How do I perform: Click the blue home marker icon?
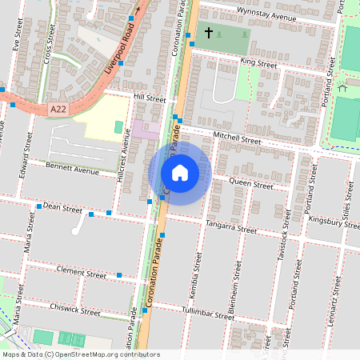[180, 173]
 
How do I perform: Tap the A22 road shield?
[57, 109]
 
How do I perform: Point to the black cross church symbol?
[209, 33]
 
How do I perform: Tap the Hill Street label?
[150, 98]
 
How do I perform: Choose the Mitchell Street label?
[237, 138]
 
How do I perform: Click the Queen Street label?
[251, 184]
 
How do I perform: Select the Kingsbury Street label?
[336, 222]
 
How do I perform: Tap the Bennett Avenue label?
[72, 170]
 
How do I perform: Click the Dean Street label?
[62, 208]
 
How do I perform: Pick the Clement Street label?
[82, 274]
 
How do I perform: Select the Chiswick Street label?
[74, 309]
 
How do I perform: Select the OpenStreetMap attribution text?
[81, 354]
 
